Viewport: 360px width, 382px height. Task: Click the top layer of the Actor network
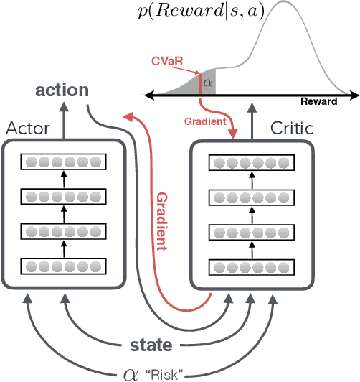63,162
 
